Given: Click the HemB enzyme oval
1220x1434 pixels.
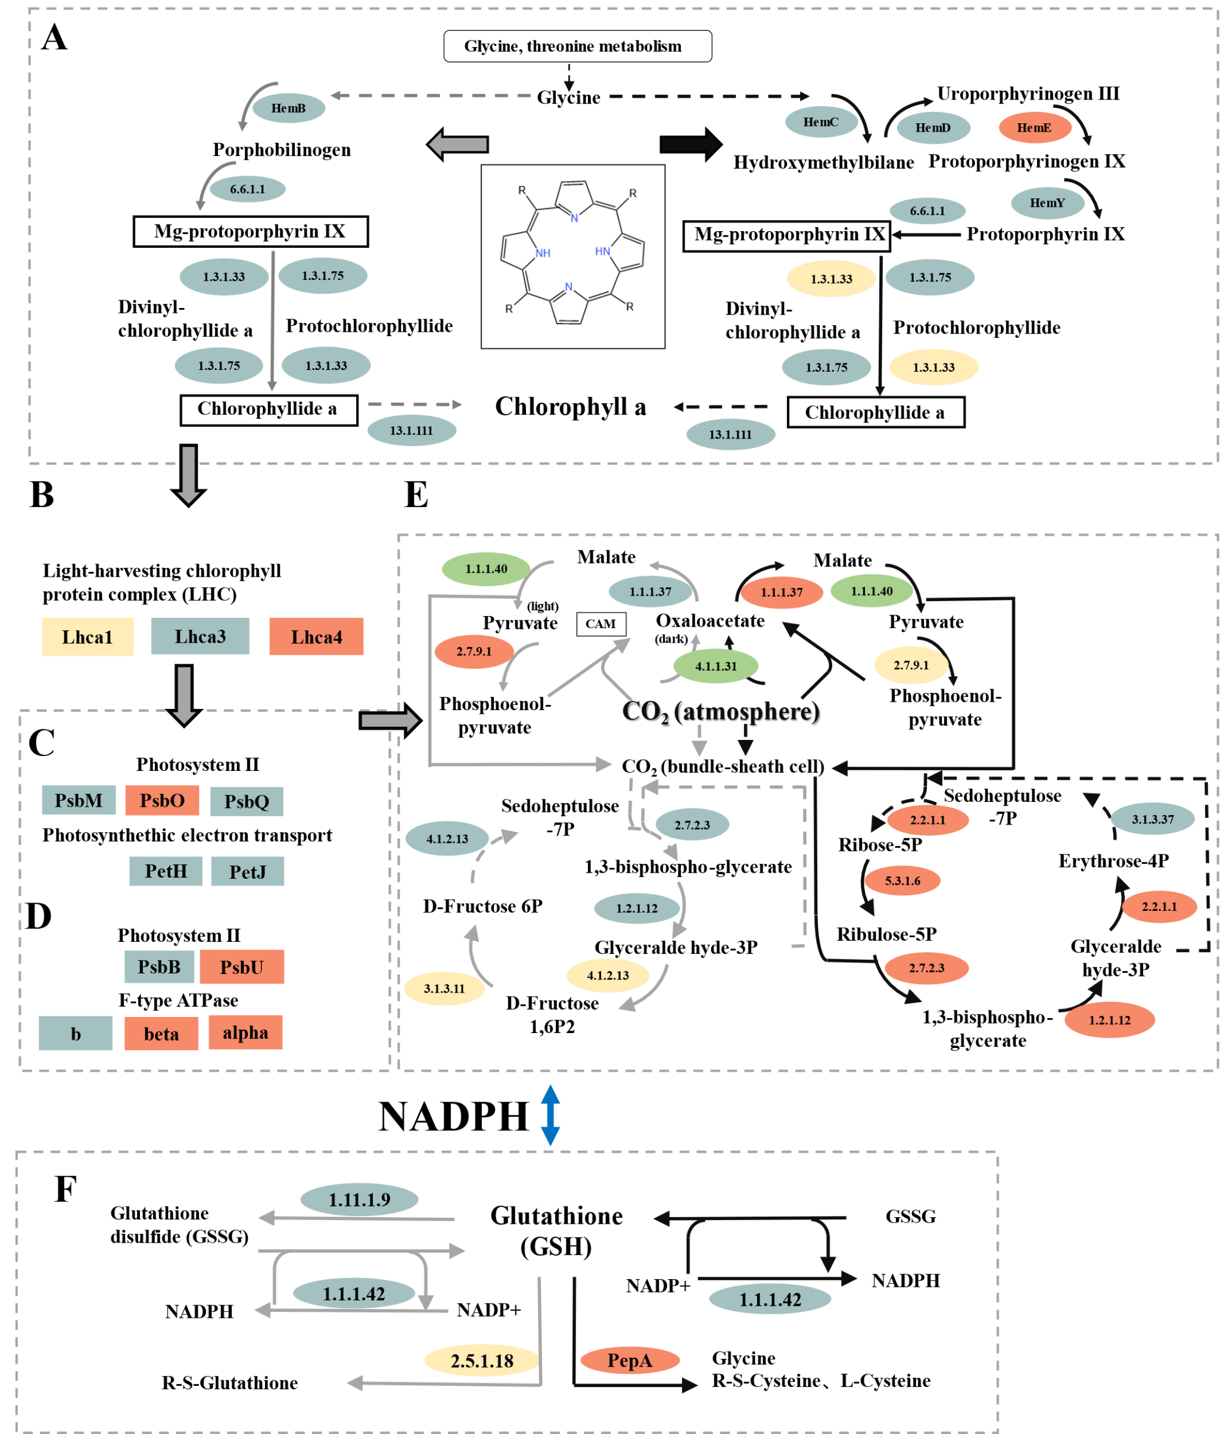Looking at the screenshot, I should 288,108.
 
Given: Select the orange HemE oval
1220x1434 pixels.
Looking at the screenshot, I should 1035,128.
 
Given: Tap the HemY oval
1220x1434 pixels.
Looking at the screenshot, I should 1047,203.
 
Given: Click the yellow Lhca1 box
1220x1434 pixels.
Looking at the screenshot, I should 87,637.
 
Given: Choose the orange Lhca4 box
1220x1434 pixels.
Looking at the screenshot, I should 316,637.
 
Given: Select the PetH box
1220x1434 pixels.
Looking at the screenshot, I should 165,872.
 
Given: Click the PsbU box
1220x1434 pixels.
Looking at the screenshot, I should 241,967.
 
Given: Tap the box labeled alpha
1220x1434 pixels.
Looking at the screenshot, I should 245,1033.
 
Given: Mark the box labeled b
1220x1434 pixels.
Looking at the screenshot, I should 76,1034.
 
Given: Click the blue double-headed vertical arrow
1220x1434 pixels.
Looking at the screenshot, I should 550,1115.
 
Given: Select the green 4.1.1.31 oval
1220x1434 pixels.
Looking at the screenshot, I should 716,666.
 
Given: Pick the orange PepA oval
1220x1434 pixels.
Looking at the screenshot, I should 630,1361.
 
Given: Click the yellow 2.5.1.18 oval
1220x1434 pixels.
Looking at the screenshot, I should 481,1361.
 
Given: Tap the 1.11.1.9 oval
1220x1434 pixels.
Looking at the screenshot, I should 359,1199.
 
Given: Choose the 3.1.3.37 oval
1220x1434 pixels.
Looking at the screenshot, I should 1152,820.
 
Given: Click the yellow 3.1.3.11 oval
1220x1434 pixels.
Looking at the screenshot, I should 444,988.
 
